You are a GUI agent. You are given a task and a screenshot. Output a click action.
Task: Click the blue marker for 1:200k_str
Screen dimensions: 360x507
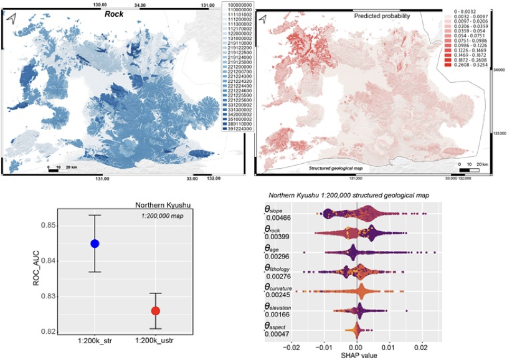94,244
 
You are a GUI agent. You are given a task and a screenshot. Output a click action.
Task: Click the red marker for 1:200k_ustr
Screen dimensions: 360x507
156,311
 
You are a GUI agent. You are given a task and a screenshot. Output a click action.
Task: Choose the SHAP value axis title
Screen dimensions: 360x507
356,356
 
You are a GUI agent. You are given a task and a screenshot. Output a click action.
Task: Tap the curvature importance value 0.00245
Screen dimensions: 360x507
278,295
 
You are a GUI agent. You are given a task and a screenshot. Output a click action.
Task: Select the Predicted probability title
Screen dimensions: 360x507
382,15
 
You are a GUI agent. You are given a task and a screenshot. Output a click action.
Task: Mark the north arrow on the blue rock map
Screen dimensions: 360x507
11,19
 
